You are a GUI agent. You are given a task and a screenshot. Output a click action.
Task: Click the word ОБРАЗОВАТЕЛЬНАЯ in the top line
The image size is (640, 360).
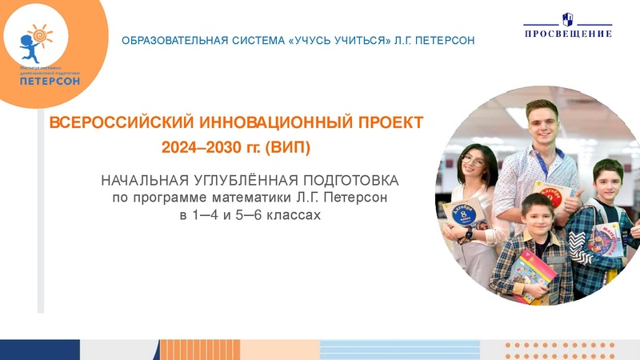click(164, 40)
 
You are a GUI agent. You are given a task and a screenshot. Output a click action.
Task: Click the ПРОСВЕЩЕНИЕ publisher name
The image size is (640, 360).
click(568, 34)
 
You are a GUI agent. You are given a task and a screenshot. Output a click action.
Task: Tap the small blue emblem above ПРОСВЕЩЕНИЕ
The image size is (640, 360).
click(569, 18)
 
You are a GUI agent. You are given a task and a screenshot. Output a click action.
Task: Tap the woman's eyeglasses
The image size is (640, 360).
click(474, 161)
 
